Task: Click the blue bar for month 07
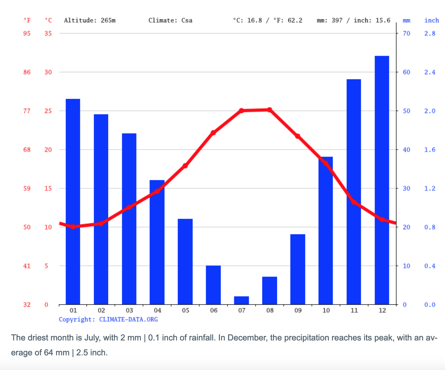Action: [241, 300]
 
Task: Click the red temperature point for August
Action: [270, 110]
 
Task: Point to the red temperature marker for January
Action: [73, 227]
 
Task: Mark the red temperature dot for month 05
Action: [185, 166]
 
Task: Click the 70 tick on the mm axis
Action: [406, 33]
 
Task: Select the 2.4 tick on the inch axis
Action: [430, 72]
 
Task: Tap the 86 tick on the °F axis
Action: [27, 72]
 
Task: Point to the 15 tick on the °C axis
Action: [48, 188]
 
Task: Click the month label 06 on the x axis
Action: [214, 311]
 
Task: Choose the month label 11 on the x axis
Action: [354, 311]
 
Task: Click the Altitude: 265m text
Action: [90, 20]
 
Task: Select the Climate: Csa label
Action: [170, 20]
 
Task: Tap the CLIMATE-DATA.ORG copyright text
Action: [128, 320]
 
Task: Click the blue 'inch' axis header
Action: [432, 20]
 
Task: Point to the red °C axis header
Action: [48, 20]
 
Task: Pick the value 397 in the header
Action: [337, 20]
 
